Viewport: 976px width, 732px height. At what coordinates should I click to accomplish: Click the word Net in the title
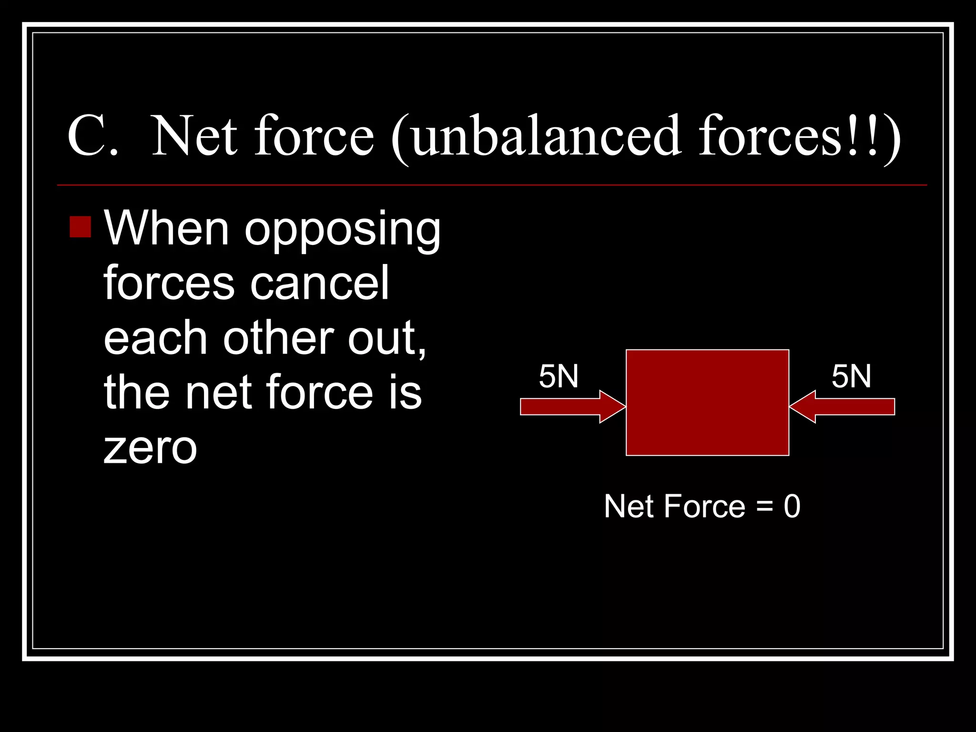(194, 137)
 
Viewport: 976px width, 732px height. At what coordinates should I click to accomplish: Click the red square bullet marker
(80, 227)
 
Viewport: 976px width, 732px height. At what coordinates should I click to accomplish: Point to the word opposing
(342, 231)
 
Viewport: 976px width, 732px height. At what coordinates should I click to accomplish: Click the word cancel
(320, 284)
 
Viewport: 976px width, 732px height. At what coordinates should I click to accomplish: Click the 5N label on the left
(559, 376)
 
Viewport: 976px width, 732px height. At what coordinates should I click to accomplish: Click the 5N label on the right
(851, 376)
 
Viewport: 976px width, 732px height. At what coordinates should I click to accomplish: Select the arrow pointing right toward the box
(571, 407)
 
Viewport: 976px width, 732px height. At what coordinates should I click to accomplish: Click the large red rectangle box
(707, 403)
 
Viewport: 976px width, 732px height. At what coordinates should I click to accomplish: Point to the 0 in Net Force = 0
(792, 506)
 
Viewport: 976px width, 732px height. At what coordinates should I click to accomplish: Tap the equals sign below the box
(764, 507)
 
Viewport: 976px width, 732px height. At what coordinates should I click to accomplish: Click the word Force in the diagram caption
(704, 506)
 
